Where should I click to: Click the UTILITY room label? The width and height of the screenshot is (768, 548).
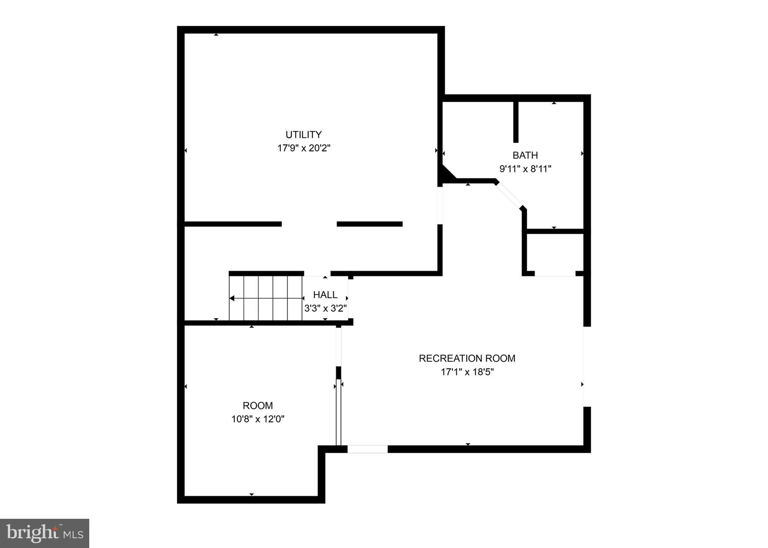(303, 134)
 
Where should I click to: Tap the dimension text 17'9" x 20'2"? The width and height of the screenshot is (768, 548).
(303, 148)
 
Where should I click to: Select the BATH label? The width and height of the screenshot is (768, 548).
(525, 155)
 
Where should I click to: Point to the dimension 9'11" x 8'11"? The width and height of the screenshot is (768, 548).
(525, 169)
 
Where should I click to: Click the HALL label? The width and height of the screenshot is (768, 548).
(325, 295)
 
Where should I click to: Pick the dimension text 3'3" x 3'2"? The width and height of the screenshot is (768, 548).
(325, 308)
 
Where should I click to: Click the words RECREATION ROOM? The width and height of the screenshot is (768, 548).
(467, 358)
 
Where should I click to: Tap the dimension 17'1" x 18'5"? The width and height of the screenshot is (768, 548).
(467, 372)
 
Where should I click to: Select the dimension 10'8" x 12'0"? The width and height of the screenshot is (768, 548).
(258, 419)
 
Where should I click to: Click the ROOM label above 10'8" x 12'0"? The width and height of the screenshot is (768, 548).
(258, 406)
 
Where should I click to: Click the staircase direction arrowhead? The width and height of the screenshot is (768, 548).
(232, 299)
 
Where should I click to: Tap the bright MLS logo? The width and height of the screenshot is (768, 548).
(45, 533)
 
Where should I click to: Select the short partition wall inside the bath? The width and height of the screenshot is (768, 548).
(516, 122)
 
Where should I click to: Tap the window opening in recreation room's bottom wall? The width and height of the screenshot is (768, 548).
(367, 449)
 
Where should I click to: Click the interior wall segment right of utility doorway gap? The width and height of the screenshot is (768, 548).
(369, 224)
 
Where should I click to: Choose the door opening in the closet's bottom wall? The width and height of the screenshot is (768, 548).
(555, 274)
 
